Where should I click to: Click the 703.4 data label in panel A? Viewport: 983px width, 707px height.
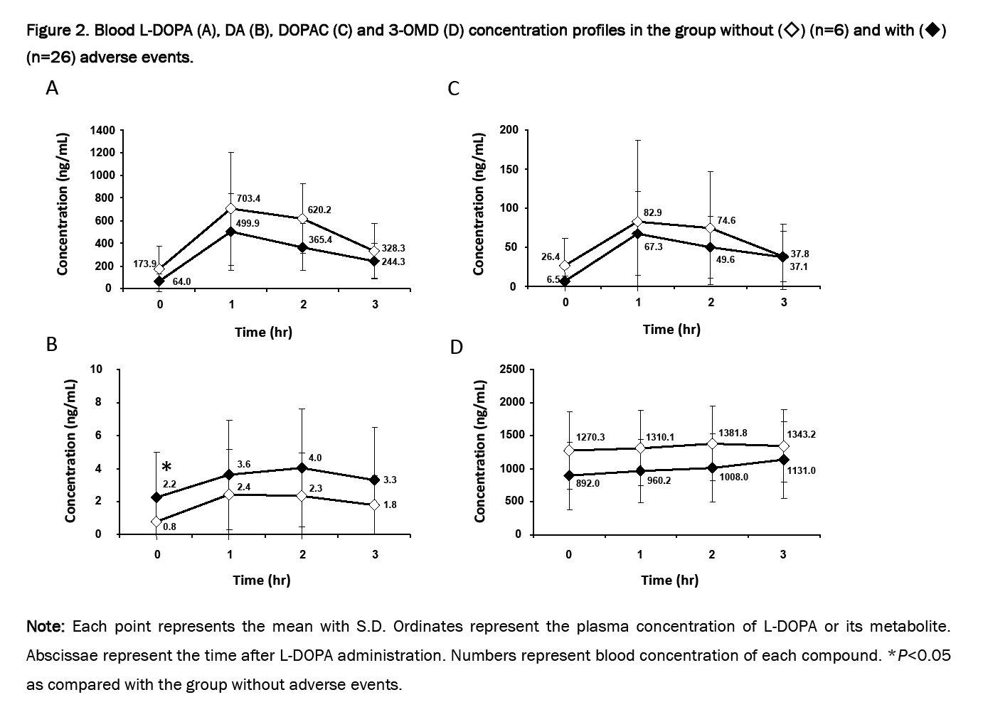click(x=248, y=198)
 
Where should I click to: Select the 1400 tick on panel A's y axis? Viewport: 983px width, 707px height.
click(x=102, y=130)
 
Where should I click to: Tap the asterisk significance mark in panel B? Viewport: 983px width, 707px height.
click(x=166, y=468)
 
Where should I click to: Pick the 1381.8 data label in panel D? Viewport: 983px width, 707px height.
click(x=733, y=433)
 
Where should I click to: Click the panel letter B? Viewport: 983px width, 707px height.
click(x=51, y=345)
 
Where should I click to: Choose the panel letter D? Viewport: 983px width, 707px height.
click(x=457, y=347)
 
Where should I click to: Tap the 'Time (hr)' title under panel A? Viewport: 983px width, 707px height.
click(x=263, y=332)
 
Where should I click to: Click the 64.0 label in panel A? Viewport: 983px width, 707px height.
click(x=181, y=281)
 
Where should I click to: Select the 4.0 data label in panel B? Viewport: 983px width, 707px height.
click(x=315, y=458)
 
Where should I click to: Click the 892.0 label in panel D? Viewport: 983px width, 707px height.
click(x=588, y=483)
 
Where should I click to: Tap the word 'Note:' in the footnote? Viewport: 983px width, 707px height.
click(x=46, y=627)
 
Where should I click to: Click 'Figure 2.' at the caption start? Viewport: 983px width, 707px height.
click(x=58, y=31)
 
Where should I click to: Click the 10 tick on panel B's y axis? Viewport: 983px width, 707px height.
click(x=97, y=369)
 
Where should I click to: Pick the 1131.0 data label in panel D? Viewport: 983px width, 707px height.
click(x=802, y=470)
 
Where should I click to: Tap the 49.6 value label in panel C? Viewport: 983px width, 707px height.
click(x=726, y=259)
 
